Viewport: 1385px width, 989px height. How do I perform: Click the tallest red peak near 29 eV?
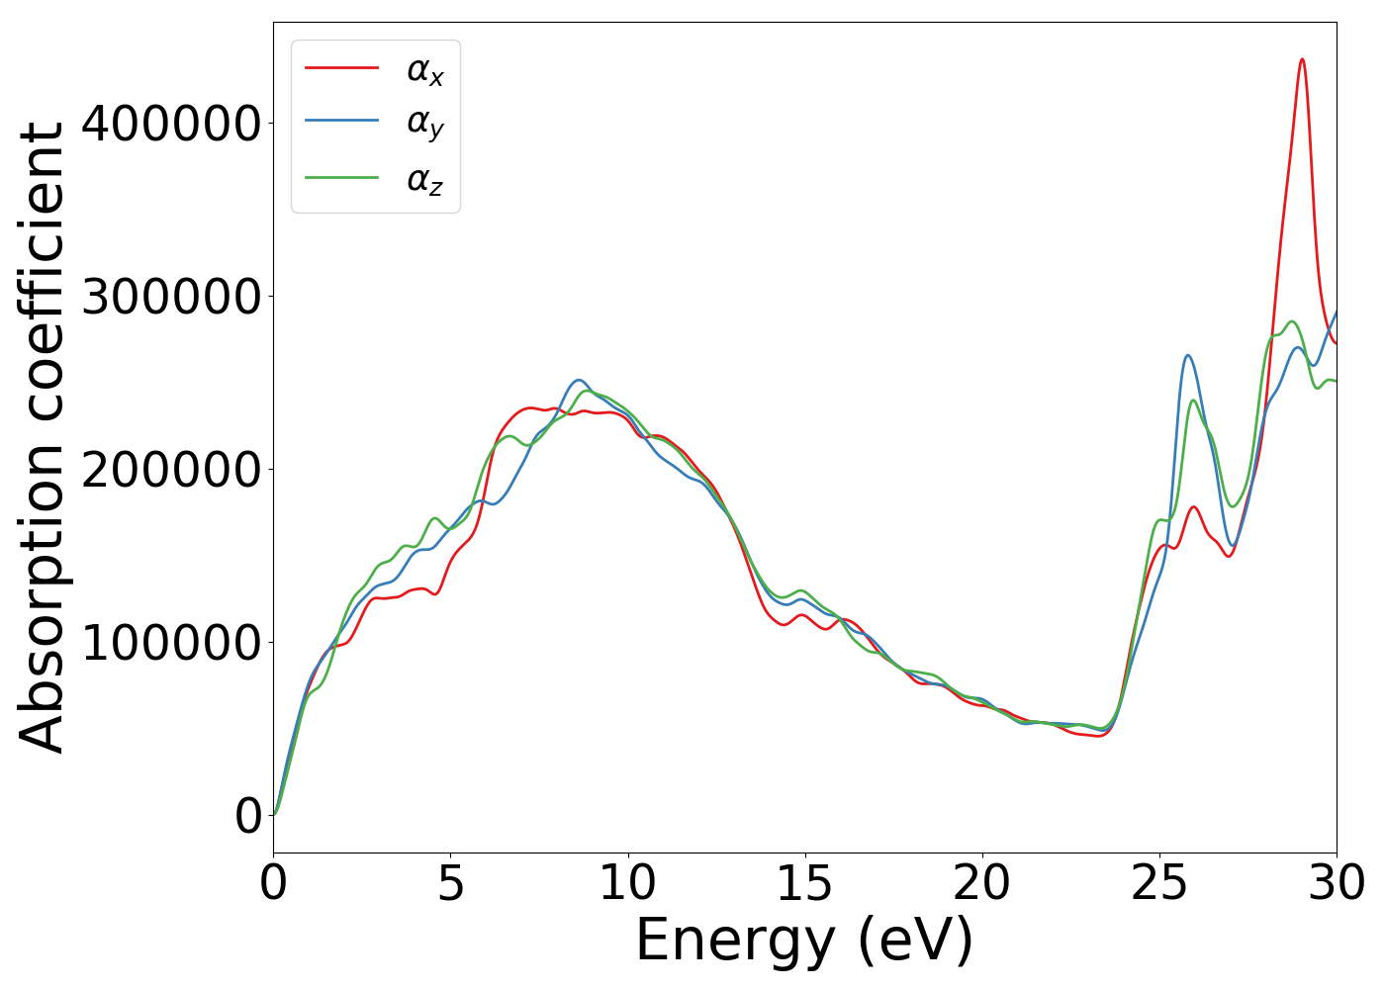(x=1302, y=60)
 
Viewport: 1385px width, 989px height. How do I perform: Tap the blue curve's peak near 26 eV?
(x=1187, y=356)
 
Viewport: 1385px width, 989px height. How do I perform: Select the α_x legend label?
(x=424, y=70)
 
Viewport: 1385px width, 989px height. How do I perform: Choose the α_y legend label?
(x=424, y=123)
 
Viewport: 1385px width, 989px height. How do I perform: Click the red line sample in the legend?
(x=341, y=67)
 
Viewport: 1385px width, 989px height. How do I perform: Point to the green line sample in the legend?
(x=341, y=178)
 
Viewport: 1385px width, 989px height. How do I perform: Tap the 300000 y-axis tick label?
(x=171, y=297)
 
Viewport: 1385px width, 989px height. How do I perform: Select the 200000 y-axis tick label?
(x=171, y=470)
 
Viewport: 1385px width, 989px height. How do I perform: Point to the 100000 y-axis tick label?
(x=171, y=643)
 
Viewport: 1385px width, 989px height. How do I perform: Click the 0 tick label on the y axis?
(x=248, y=816)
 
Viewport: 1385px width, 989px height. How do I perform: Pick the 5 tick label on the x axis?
(x=450, y=883)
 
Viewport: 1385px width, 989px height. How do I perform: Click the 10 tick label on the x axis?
(x=627, y=883)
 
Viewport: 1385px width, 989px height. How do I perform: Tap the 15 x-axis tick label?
(x=804, y=883)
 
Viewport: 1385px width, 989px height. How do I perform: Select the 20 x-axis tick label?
(x=982, y=883)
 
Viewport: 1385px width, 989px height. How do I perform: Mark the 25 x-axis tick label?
(x=1159, y=883)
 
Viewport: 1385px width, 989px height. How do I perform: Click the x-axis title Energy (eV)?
(x=804, y=940)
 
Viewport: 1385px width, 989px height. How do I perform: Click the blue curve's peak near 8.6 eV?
(x=579, y=380)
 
